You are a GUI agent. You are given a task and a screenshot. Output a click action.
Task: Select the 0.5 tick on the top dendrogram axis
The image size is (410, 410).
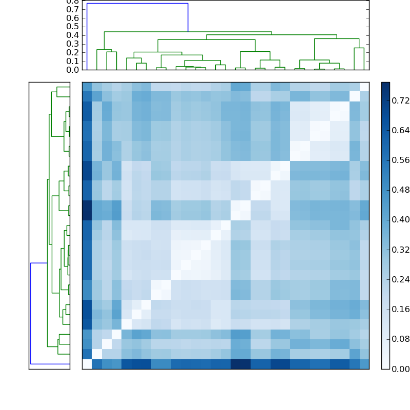[x=73, y=26]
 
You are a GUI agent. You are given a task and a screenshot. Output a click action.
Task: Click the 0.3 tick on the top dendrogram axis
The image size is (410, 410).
[x=73, y=44]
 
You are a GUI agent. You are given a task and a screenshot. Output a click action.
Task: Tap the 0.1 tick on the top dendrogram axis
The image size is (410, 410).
[x=73, y=61]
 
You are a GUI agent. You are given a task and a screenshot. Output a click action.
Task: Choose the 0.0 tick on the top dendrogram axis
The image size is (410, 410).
[x=73, y=70]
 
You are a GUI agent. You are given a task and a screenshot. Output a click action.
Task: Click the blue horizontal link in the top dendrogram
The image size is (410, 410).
[x=137, y=4]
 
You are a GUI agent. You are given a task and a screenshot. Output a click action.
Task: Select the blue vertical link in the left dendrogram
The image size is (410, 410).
[x=31, y=313]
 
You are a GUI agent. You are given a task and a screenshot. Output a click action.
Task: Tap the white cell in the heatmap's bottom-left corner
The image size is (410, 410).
[x=87, y=364]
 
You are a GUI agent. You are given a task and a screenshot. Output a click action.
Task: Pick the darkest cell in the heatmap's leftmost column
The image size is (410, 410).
[x=87, y=210]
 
